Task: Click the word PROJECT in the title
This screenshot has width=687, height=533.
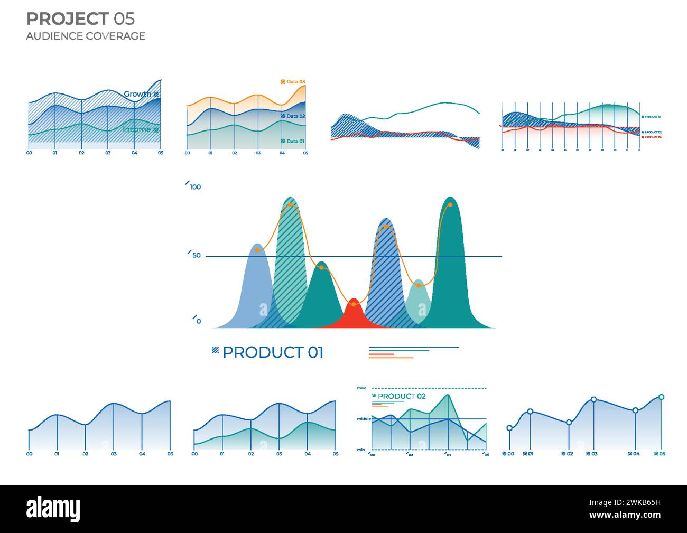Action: click(x=67, y=19)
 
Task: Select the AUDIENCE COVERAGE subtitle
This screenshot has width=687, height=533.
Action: click(x=86, y=36)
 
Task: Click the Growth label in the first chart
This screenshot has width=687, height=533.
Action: click(x=137, y=94)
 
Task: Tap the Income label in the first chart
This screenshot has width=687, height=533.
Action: click(x=137, y=129)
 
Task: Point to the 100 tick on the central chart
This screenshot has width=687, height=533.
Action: click(x=195, y=187)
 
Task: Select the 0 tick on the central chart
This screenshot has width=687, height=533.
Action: click(x=198, y=321)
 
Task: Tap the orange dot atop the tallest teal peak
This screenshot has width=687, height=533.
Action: click(x=450, y=205)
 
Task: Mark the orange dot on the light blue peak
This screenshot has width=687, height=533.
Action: click(x=257, y=250)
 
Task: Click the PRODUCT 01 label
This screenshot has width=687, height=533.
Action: click(x=273, y=352)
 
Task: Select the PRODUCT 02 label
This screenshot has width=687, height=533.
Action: click(x=402, y=396)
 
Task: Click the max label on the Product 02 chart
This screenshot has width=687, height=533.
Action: click(x=361, y=388)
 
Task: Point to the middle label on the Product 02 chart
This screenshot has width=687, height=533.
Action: click(x=363, y=419)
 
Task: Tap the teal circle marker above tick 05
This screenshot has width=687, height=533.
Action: click(x=661, y=397)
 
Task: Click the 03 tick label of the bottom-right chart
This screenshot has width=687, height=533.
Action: click(x=594, y=454)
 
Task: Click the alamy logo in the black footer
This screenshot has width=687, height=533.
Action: click(x=53, y=509)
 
